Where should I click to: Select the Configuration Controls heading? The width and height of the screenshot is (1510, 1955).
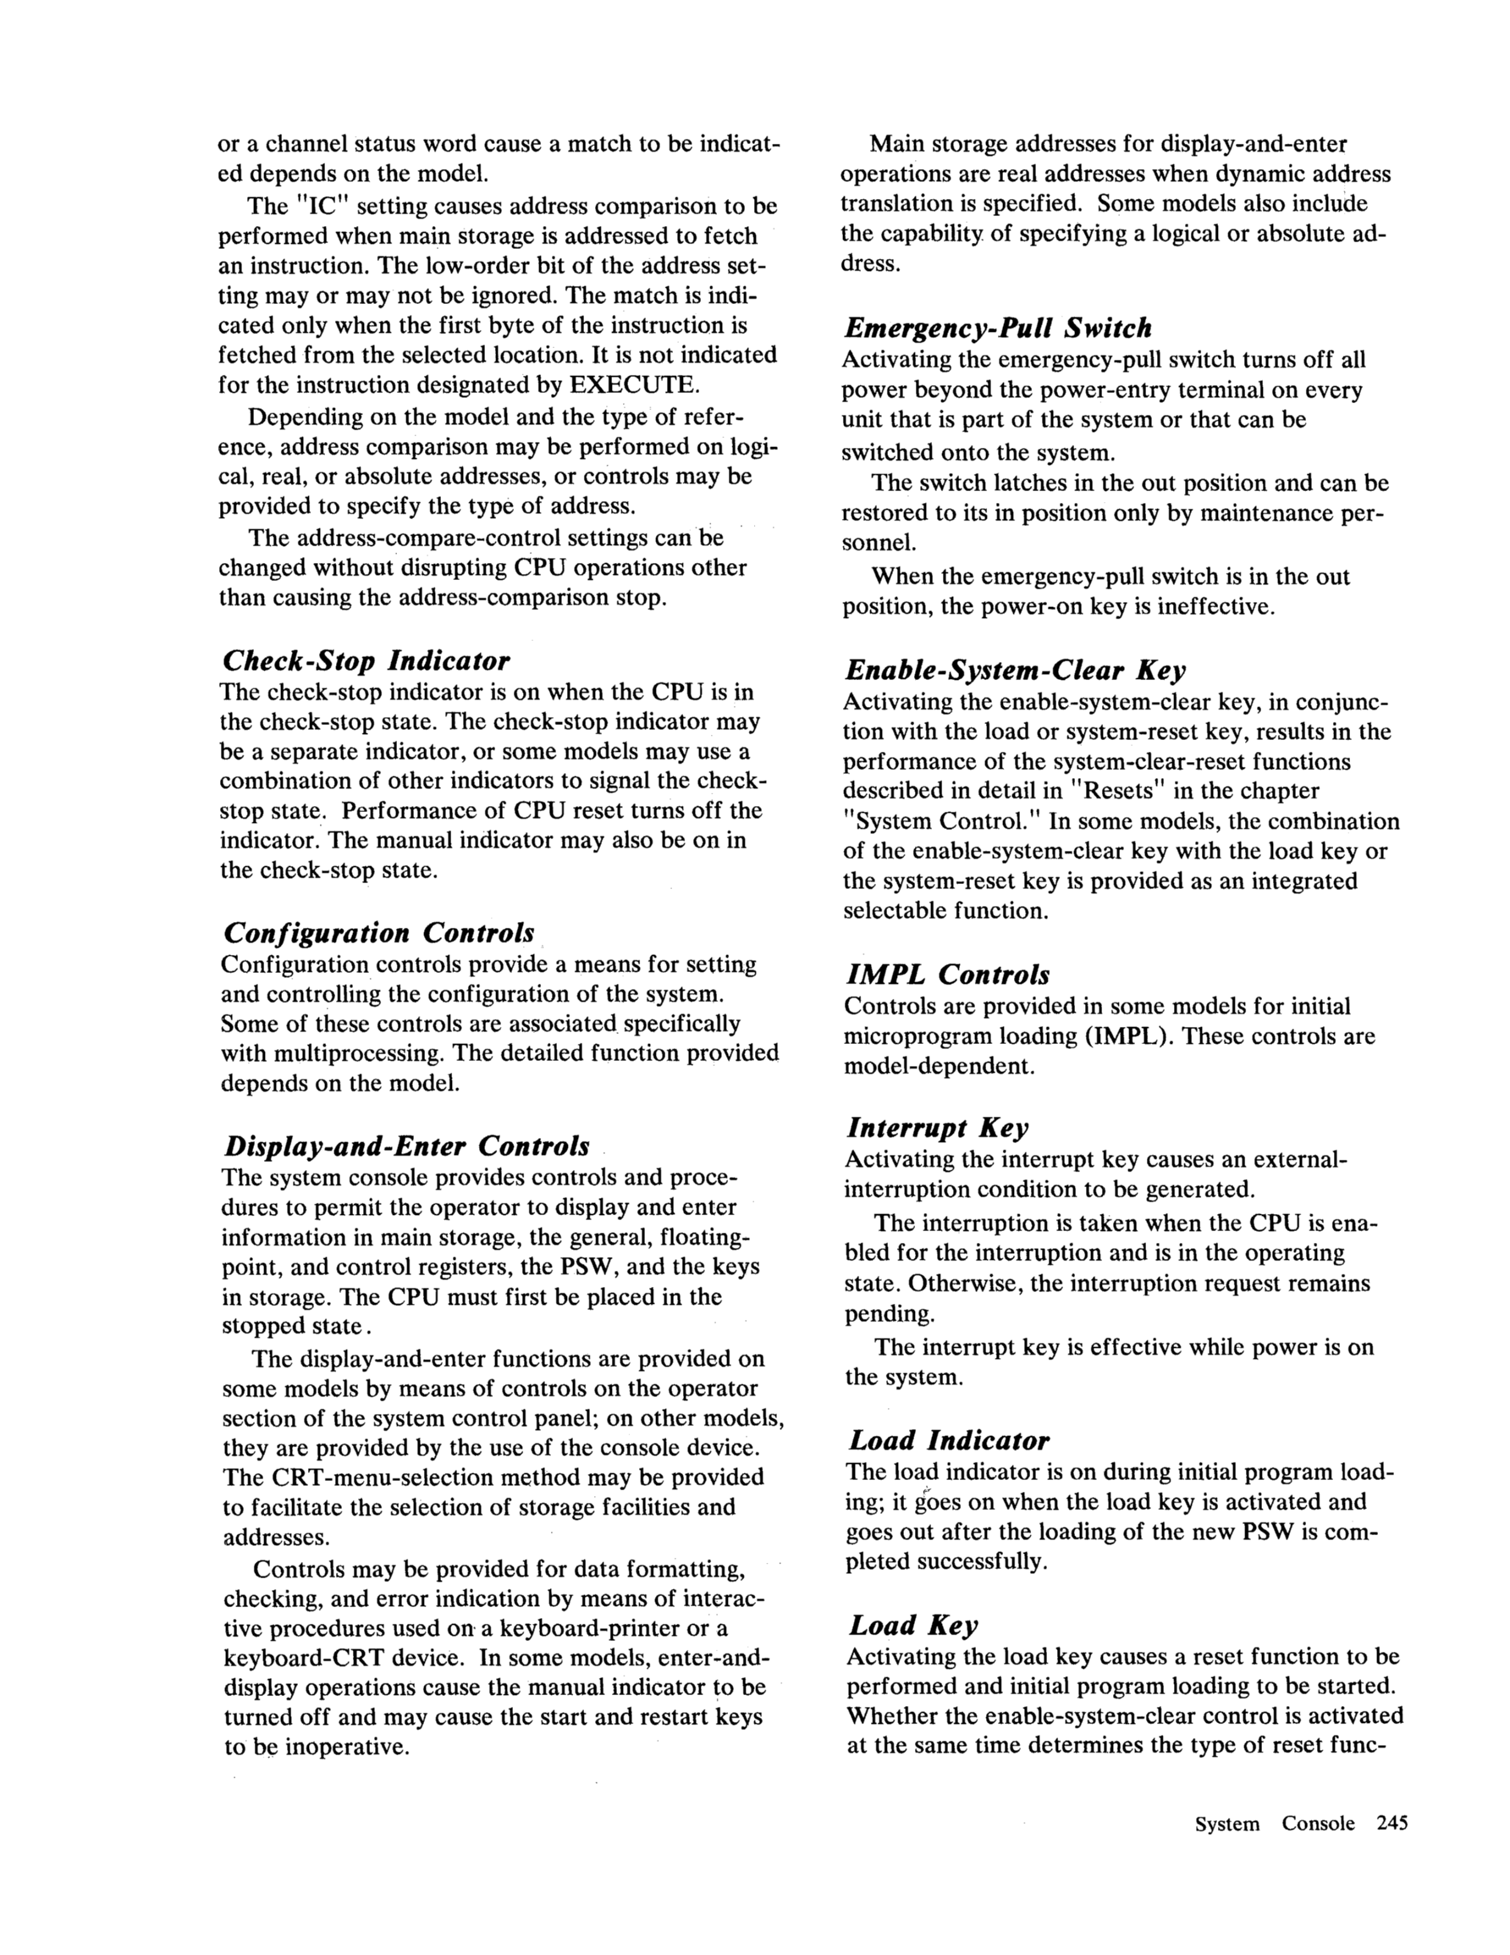[x=377, y=933]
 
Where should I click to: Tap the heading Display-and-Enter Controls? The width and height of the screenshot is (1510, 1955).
[x=406, y=1146]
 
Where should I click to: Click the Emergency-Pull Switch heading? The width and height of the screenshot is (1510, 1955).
[x=997, y=328]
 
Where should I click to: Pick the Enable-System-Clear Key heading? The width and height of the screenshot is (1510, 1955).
[x=1015, y=670]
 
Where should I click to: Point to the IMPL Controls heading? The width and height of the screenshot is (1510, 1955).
[x=947, y=974]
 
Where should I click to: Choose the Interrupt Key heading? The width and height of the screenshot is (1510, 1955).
[x=938, y=1127]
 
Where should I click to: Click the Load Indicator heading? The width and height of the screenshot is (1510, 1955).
[x=949, y=1440]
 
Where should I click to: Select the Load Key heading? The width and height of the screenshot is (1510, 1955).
[x=913, y=1625]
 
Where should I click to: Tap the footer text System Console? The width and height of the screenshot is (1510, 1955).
[x=1275, y=1824]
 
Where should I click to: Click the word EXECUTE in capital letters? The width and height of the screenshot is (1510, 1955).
[x=632, y=385]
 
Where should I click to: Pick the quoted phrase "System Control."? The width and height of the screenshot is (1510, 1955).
[x=943, y=820]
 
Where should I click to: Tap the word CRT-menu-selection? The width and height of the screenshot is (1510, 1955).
[x=381, y=1477]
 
